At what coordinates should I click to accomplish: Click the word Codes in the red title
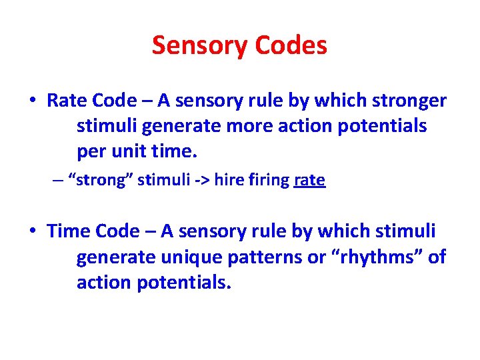coord(291,46)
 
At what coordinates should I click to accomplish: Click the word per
coord(91,151)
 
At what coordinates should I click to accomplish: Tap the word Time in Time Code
coord(69,231)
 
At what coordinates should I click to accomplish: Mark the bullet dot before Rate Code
coord(32,101)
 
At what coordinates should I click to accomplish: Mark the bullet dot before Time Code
coord(32,232)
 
